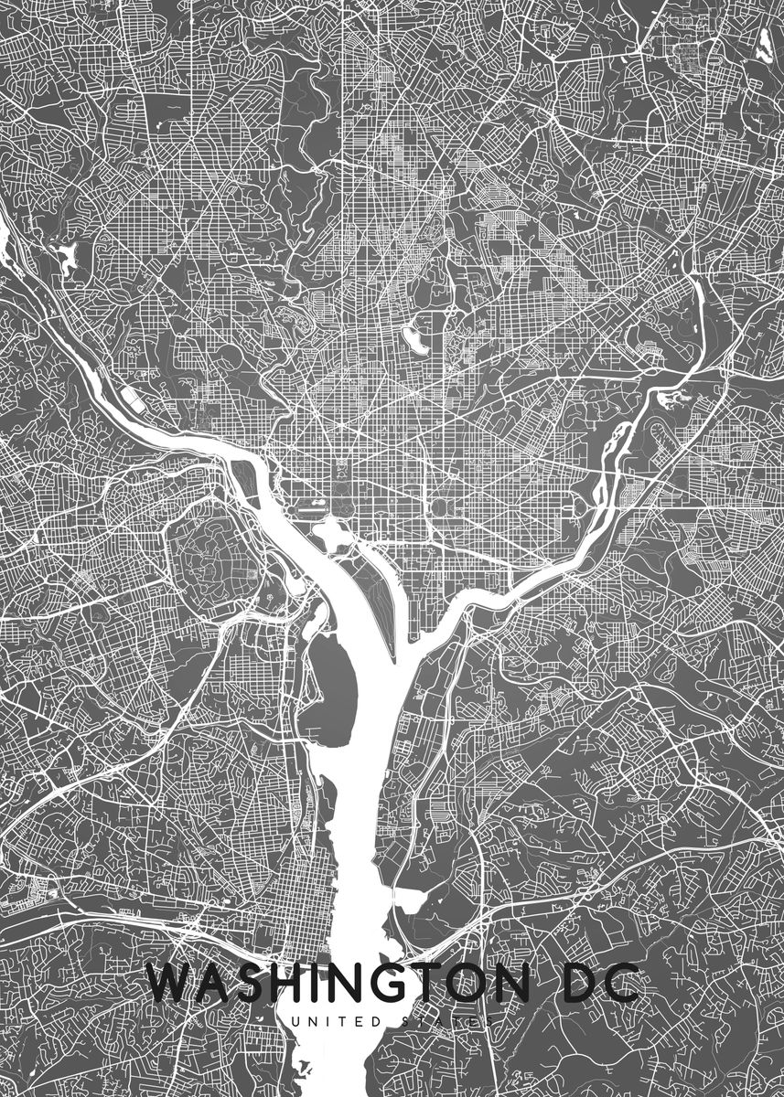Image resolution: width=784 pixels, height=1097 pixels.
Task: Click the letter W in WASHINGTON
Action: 171,985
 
